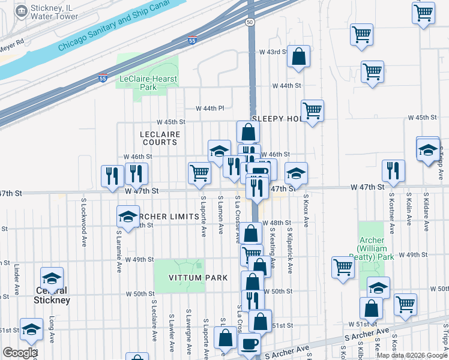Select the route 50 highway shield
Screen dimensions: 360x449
click(249, 22)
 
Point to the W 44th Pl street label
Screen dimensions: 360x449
click(210, 108)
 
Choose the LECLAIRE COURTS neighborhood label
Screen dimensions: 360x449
click(159, 138)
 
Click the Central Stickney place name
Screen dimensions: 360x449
click(52, 296)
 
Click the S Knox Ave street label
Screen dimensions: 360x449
click(306, 210)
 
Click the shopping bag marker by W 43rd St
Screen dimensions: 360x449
click(298, 57)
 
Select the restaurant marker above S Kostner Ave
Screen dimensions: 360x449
click(393, 170)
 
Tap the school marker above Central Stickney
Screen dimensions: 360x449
click(52, 278)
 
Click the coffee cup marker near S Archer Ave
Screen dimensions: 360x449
click(249, 344)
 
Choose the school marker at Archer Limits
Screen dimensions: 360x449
click(128, 217)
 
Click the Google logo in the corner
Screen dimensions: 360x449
click(20, 353)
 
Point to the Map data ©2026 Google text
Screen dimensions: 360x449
click(412, 355)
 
